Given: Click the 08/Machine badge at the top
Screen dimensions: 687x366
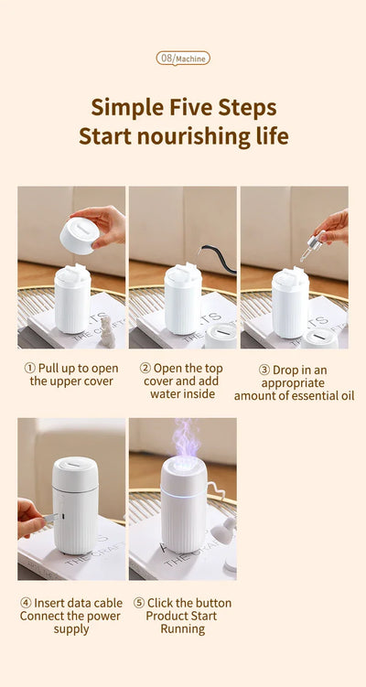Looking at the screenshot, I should (x=183, y=58).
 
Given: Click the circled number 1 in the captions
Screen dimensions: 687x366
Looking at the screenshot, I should (x=29, y=368).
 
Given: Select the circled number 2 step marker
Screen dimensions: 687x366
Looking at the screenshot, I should (x=145, y=368).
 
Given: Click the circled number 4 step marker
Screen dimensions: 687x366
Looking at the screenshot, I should (x=27, y=603).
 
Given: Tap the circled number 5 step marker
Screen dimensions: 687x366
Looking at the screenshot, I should (x=139, y=603).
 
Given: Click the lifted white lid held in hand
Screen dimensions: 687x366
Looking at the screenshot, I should (x=80, y=234).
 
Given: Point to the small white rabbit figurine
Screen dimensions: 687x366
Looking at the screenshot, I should (x=107, y=330).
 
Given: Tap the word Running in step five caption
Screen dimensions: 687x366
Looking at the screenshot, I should (x=182, y=629).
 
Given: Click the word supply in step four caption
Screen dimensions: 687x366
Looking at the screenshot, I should (x=71, y=629).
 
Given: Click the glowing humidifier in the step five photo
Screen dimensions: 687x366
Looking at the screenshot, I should (x=183, y=508).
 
